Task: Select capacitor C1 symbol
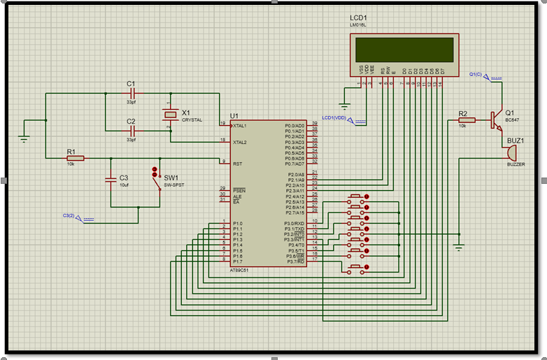pyautogui.click(x=131, y=92)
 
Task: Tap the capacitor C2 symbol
pyautogui.click(x=131, y=130)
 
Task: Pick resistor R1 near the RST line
pyautogui.click(x=75, y=159)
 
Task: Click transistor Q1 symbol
pyautogui.click(x=497, y=120)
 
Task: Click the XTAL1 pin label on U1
pyautogui.click(x=240, y=126)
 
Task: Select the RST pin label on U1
pyautogui.click(x=237, y=164)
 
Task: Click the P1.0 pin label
pyautogui.click(x=238, y=223)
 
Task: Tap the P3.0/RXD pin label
pyautogui.click(x=294, y=223)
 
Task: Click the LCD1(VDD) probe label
pyautogui.click(x=335, y=117)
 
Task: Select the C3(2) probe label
pyautogui.click(x=73, y=215)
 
